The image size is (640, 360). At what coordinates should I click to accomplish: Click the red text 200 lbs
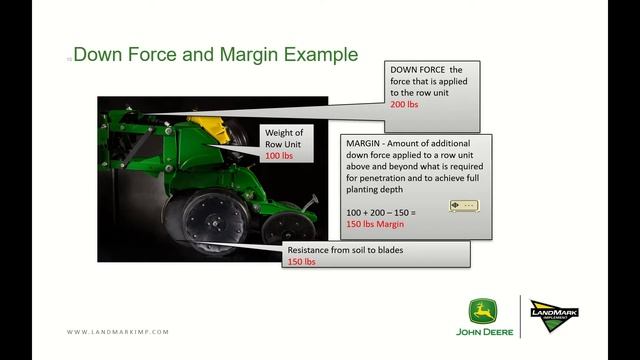404,104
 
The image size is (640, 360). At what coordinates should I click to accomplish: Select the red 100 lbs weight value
278,156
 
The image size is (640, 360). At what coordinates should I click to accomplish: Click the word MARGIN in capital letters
362,145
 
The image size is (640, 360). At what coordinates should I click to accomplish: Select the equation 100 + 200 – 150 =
381,213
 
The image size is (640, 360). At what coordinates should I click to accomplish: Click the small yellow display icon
464,206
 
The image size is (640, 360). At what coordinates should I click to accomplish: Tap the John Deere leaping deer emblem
484,311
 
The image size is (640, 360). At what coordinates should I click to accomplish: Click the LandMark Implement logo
554,316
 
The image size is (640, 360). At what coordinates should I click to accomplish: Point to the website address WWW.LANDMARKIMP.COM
118,332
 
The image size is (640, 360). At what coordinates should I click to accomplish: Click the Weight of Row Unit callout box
284,144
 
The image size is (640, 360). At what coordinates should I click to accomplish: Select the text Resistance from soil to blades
346,249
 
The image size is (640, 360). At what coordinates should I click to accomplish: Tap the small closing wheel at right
286,226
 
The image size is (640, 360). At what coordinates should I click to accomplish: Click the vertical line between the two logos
519,316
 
